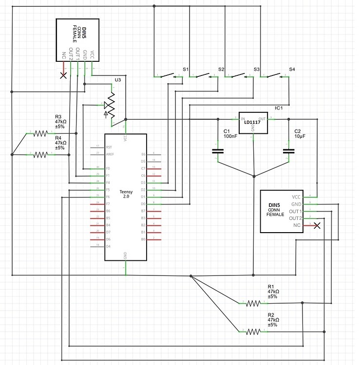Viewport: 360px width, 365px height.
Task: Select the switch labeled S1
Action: pos(167,75)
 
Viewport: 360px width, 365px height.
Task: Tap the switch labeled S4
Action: pos(273,75)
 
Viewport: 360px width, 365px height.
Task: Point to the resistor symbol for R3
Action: pos(41,133)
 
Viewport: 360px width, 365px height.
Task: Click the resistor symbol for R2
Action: pos(253,331)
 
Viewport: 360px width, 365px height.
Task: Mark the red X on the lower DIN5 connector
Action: pos(317,225)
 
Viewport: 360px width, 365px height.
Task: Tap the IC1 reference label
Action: pos(279,108)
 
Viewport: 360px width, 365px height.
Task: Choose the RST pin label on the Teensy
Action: pos(109,146)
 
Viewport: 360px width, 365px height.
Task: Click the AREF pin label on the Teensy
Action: pos(110,154)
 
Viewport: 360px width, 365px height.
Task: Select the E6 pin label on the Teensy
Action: pos(143,154)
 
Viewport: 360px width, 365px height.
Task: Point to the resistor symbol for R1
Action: pos(253,303)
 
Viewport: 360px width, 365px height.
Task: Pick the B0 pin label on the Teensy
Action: pos(143,239)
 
